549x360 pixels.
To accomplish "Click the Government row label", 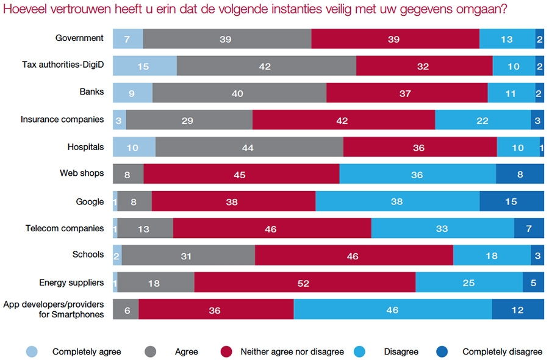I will coord(79,38).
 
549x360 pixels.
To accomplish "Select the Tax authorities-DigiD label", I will coord(63,65).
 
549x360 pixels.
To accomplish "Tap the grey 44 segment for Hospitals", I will coord(249,147).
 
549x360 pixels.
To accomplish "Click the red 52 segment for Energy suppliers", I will coord(304,283).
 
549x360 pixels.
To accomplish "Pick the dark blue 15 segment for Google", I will coord(511,201).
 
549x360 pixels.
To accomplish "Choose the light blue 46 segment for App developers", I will coord(392,309).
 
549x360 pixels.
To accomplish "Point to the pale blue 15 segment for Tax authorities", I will coord(144,66).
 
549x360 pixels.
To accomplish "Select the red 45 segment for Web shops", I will coord(241,175).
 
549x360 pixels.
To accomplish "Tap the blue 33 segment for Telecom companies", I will coord(442,228).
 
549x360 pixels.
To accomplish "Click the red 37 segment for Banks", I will coord(406,93).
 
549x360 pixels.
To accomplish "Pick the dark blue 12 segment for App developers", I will coord(517,309).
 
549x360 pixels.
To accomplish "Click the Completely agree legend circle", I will coord(32,351).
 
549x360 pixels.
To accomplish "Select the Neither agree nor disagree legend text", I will coord(292,351).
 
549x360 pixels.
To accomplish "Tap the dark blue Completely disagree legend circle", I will coord(442,351).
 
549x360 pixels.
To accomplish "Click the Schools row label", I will coord(88,254).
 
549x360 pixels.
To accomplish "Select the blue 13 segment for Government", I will coord(507,39).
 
